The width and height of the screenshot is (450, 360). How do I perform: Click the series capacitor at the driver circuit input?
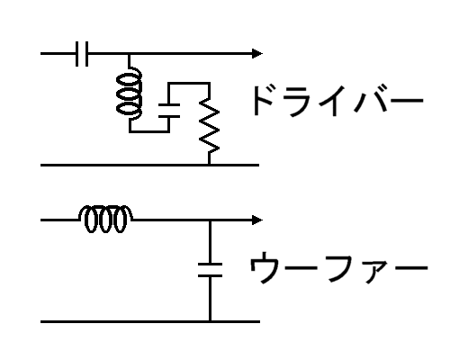click(82, 54)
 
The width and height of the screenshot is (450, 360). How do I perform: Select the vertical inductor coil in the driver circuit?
click(130, 94)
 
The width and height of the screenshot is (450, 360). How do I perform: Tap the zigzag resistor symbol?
click(209, 126)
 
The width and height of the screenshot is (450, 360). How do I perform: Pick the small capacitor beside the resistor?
click(169, 111)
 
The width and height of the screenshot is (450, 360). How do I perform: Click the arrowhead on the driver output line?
click(257, 54)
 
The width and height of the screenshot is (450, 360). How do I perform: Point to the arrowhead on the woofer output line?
click(257, 220)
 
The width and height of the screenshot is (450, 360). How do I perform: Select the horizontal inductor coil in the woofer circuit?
click(105, 219)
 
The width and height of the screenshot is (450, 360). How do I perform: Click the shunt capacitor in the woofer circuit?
click(210, 270)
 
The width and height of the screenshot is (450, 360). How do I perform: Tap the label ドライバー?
click(338, 101)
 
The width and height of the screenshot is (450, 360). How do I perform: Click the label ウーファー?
click(338, 267)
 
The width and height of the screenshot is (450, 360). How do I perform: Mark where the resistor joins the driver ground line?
click(209, 165)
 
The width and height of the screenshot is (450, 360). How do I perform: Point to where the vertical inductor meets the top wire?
click(129, 54)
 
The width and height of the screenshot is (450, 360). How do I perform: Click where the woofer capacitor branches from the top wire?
click(210, 220)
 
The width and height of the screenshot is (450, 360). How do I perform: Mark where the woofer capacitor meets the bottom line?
click(210, 321)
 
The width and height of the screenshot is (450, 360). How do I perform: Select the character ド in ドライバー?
click(263, 101)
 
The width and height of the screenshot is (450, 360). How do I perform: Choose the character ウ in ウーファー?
click(263, 267)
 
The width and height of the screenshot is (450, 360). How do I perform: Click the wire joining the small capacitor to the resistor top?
click(189, 83)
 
